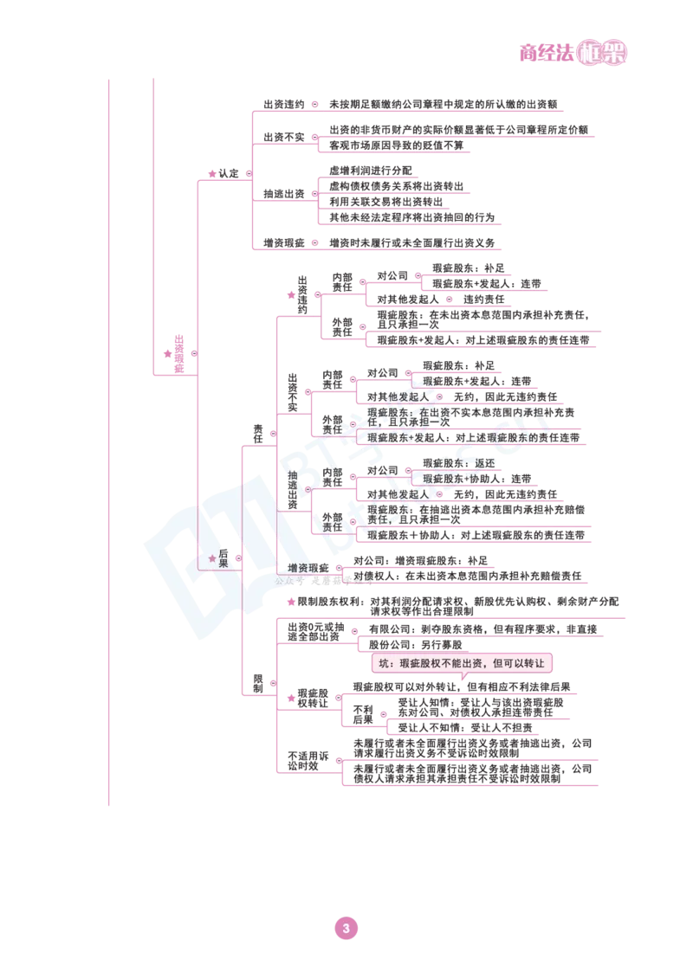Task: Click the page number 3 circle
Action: point(346,928)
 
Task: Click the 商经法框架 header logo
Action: point(573,53)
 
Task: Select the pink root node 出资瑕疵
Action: point(178,354)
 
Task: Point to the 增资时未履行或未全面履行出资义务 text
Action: point(411,242)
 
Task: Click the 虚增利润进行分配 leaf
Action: point(370,170)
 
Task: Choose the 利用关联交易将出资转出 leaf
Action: point(385,201)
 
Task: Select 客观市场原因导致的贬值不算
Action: point(396,145)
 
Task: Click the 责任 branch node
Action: point(257,433)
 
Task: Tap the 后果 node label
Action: point(223,558)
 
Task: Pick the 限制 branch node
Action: point(257,683)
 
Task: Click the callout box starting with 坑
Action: point(462,663)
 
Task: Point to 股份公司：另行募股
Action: point(416,645)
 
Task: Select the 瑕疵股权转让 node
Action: point(313,698)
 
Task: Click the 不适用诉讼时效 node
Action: point(308,761)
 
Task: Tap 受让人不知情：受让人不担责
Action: point(464,727)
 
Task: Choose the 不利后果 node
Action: point(363,714)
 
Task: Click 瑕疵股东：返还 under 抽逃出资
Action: point(459,463)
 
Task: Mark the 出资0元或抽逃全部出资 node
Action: point(315,632)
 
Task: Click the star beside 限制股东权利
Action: point(290,602)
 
